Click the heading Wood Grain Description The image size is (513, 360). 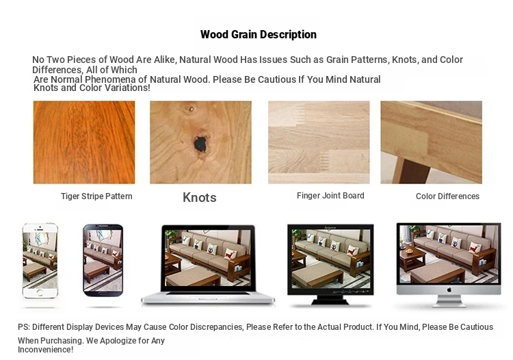[259, 34]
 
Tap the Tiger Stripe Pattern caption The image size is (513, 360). [96, 196]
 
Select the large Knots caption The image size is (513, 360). [200, 197]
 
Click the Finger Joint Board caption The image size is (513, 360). [330, 196]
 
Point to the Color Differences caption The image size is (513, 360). [447, 196]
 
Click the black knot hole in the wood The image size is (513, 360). [200, 144]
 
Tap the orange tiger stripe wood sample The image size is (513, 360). [84, 142]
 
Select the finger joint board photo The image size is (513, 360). [319, 142]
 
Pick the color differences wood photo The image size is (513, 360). [431, 142]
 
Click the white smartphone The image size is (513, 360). [40, 261]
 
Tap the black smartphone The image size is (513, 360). [103, 260]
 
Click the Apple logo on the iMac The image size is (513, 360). [449, 290]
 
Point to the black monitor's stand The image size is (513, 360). [330, 300]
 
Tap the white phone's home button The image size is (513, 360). [40, 292]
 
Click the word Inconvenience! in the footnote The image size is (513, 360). [45, 350]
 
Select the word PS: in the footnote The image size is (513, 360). [24, 327]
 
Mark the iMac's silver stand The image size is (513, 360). [449, 301]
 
